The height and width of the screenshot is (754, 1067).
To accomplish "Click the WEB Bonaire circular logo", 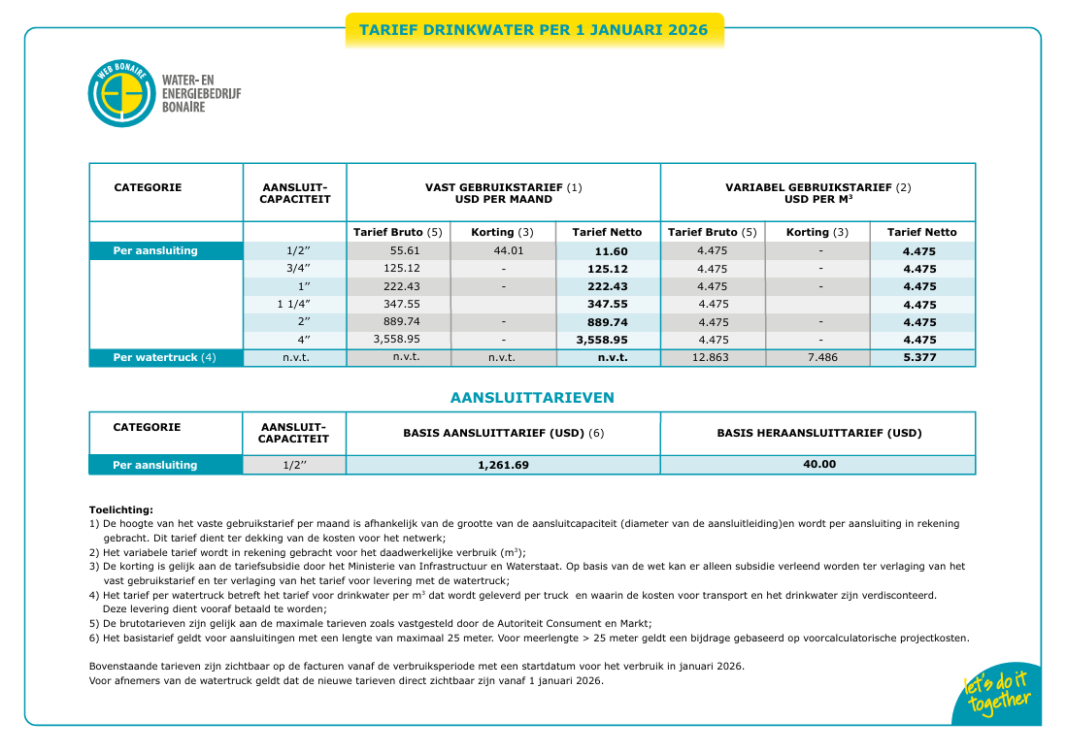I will [121, 94].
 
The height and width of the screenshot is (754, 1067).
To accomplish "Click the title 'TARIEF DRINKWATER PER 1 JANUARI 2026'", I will [533, 30].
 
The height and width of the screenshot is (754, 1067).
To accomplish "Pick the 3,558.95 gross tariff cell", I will [398, 340].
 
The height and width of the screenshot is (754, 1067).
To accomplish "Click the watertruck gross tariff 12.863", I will [713, 357].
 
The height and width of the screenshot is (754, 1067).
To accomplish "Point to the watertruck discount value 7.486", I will [819, 357].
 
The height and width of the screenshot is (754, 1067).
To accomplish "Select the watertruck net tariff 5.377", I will [920, 357].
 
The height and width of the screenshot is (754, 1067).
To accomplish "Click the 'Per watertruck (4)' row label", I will [164, 357].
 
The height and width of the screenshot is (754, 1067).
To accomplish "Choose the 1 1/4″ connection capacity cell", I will [293, 304].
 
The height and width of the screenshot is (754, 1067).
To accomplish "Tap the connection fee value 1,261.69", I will [503, 465].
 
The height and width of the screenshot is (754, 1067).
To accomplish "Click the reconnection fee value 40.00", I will [818, 464].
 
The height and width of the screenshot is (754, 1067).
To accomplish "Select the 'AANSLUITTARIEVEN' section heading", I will [532, 398].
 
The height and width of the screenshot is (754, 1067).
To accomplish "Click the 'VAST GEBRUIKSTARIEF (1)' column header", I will [503, 187].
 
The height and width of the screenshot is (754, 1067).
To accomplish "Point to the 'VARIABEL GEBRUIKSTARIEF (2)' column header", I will [817, 187].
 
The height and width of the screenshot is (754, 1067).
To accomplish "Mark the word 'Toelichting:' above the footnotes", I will [120, 509].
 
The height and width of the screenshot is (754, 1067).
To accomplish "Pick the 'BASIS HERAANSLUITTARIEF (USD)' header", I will [818, 433].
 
